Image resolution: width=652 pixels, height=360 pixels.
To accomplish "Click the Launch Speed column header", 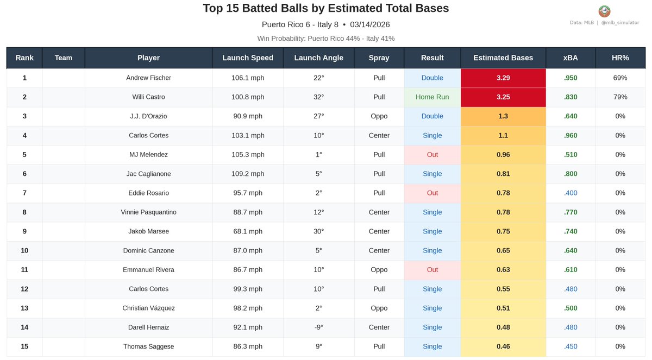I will (x=248, y=58).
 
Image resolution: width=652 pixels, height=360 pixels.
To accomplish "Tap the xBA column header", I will (x=570, y=58).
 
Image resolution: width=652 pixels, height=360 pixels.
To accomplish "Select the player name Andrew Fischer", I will (x=148, y=78).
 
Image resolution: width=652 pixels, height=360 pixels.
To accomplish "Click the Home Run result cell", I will (x=432, y=97).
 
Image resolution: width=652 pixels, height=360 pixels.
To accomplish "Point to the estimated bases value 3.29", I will (x=503, y=78).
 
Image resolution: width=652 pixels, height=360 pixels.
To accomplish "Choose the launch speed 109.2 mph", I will (x=248, y=174).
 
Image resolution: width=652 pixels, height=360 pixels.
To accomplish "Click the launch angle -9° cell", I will (x=318, y=327).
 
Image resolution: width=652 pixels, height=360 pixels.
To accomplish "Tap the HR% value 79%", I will (x=620, y=97).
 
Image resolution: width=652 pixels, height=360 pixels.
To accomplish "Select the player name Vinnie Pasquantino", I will (x=148, y=212).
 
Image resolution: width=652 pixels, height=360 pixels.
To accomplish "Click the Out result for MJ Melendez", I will (x=432, y=155).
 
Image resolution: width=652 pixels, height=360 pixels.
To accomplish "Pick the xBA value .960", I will (x=570, y=136).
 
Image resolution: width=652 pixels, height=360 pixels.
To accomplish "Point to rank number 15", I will (x=24, y=346).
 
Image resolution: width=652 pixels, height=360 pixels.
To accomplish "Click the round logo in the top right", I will (x=604, y=11).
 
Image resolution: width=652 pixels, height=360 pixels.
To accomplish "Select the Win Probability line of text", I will (x=326, y=39).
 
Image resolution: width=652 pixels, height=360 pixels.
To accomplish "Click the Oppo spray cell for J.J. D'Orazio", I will (x=379, y=116).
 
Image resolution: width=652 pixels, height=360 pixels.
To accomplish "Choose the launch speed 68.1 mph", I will (x=248, y=231).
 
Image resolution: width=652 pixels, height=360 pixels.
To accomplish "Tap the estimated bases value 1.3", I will (x=503, y=116).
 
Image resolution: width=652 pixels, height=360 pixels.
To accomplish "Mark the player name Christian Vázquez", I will (x=148, y=308).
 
